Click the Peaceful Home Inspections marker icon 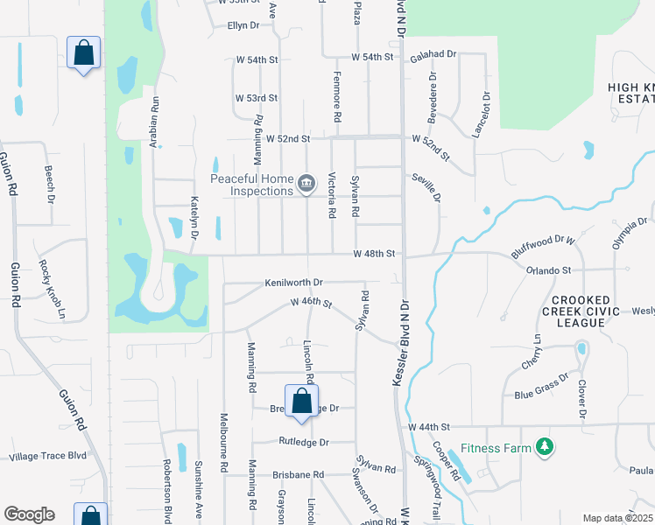click(306, 183)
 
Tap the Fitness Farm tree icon click(546, 447)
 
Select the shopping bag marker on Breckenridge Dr click(301, 402)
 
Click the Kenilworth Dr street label click(294, 283)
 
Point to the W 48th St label click(375, 254)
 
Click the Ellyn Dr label click(243, 25)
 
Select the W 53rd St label click(257, 98)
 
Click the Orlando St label click(548, 270)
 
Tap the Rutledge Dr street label click(303, 443)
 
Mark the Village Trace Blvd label click(48, 457)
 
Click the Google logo click(29, 514)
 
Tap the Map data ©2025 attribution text click(616, 518)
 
